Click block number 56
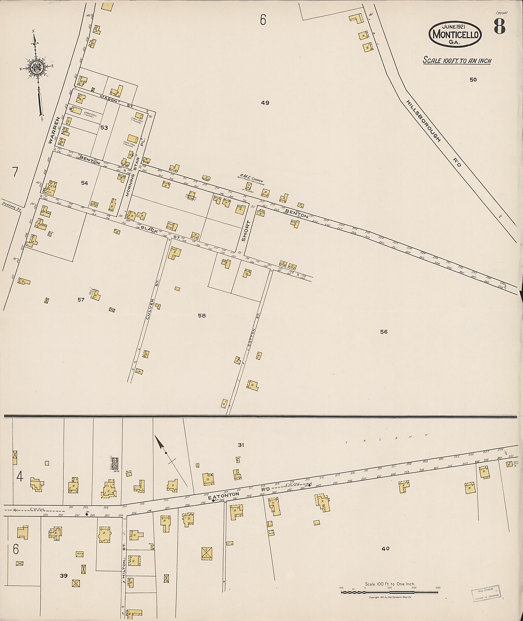tap(384, 332)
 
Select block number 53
tap(104, 128)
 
